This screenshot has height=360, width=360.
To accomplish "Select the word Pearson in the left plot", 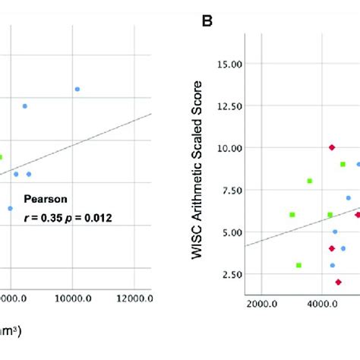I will (45, 200).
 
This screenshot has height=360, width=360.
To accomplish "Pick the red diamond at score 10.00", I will (332, 147).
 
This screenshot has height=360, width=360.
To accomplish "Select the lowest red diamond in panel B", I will (338, 282).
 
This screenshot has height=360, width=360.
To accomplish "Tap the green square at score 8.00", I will (310, 181).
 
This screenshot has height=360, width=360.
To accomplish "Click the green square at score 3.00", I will (298, 265).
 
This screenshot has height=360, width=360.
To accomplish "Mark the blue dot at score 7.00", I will (349, 198).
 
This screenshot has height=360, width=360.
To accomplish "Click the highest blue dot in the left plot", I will (77, 89).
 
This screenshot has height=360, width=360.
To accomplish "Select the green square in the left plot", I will (1, 157).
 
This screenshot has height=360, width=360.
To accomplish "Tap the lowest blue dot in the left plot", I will (11, 208).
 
